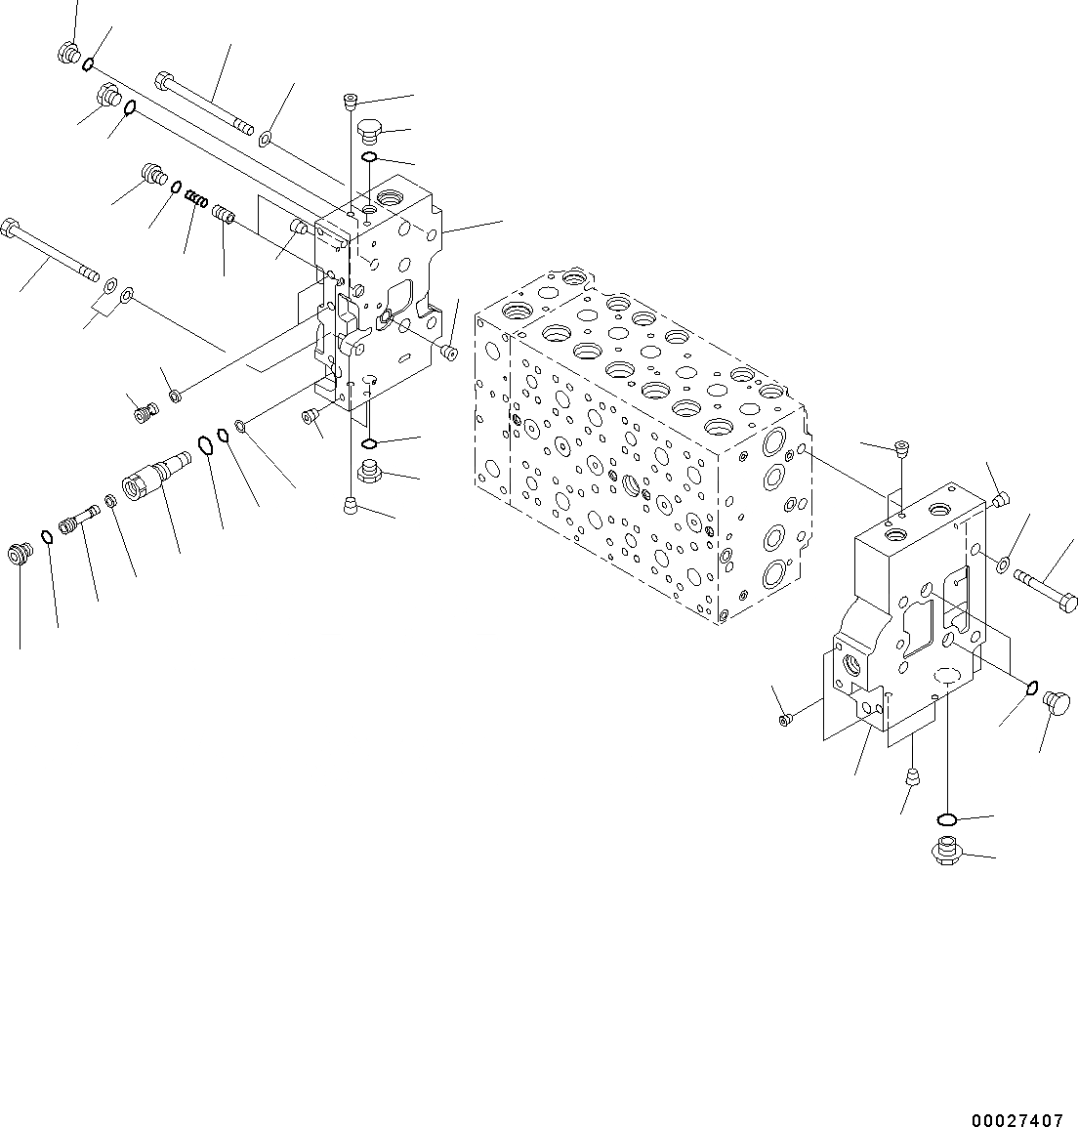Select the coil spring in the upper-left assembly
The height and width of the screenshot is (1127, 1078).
click(197, 201)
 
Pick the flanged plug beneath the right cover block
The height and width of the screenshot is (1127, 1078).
click(945, 851)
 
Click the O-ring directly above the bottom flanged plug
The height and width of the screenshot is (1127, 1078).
click(945, 818)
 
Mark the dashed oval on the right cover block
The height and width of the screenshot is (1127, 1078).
click(948, 675)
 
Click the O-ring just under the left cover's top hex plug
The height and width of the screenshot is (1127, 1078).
click(370, 157)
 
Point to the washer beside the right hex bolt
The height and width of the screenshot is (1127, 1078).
click(1004, 563)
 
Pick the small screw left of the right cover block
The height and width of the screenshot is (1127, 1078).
click(784, 721)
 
